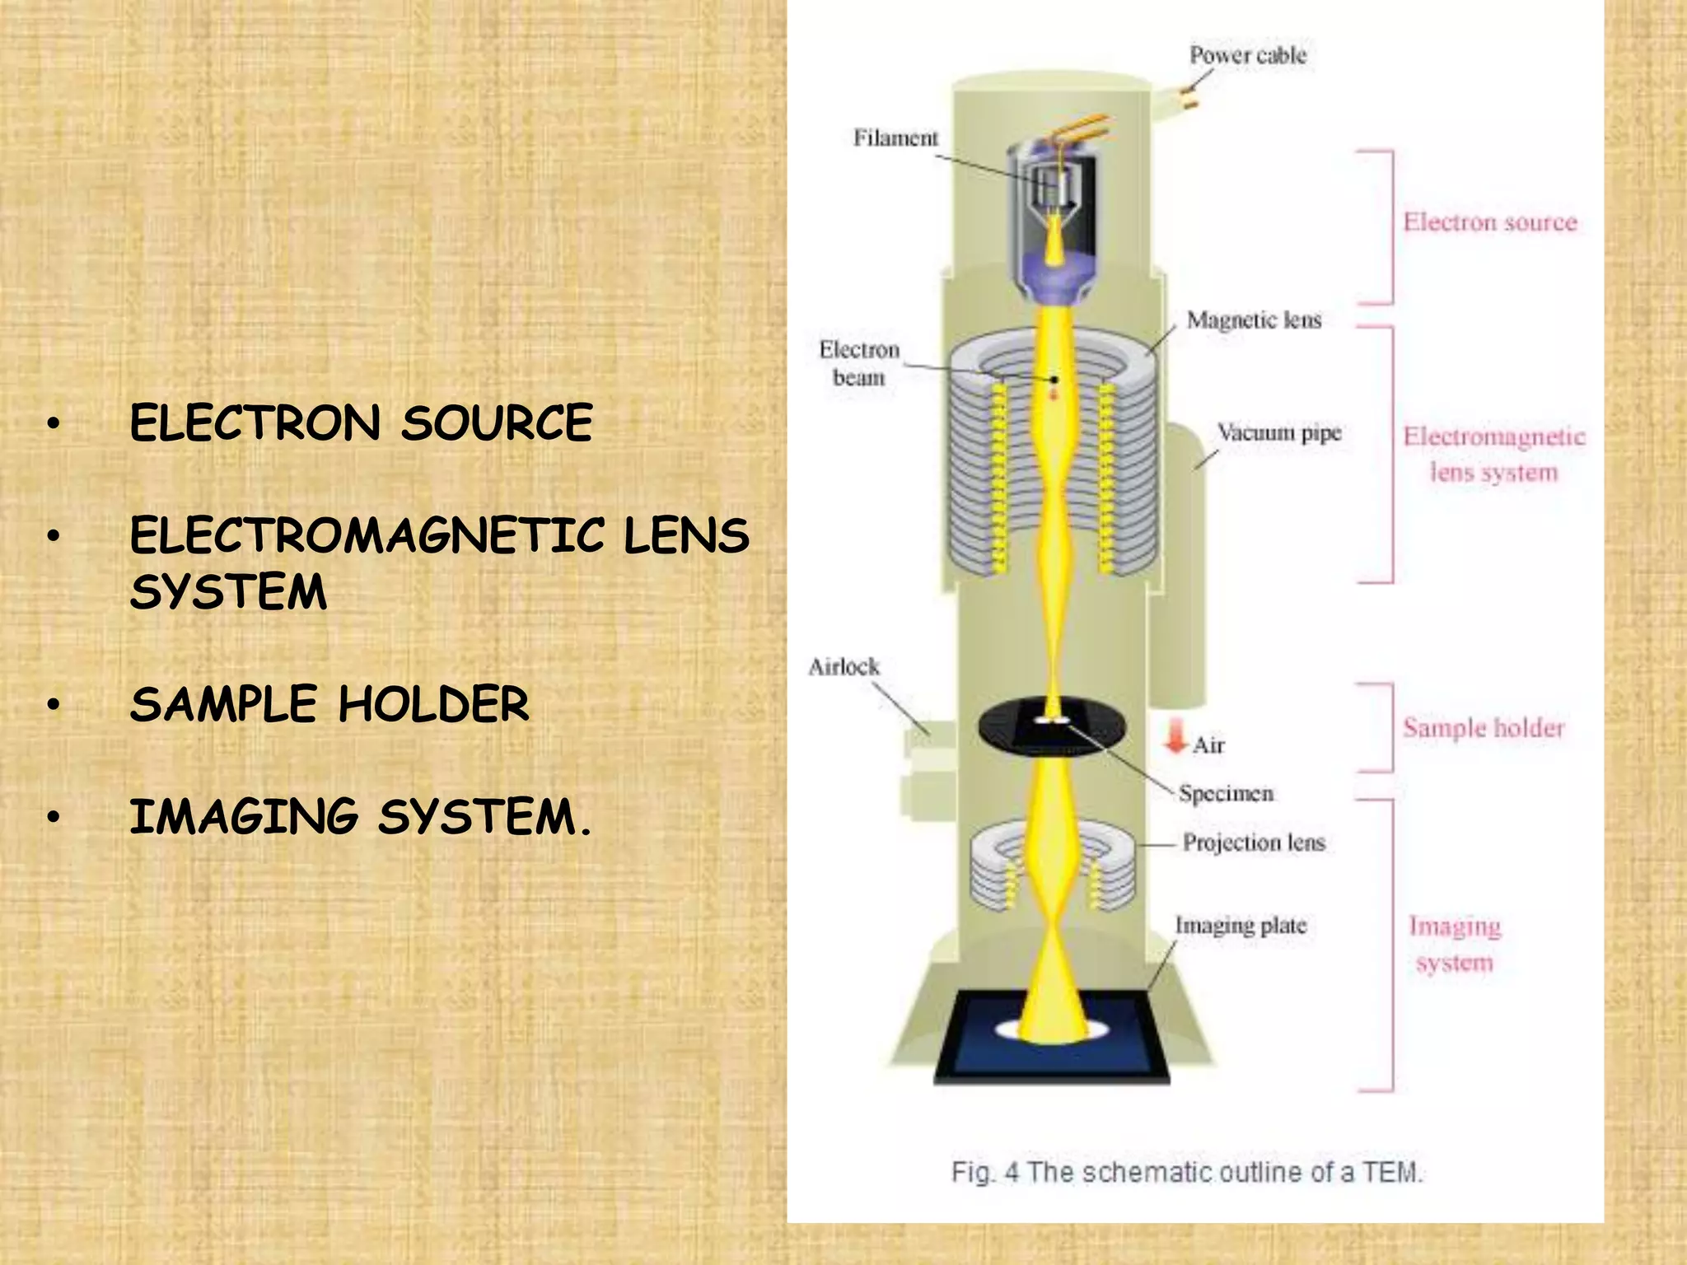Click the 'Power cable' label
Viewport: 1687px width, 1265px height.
point(1247,55)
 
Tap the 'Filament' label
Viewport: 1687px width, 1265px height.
point(895,138)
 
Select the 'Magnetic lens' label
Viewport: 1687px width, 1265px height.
point(1254,320)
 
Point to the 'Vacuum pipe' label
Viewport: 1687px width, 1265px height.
point(1279,432)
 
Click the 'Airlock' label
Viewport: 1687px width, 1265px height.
point(843,666)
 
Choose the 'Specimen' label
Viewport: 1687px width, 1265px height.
point(1226,793)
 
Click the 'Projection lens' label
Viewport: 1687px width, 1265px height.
point(1254,842)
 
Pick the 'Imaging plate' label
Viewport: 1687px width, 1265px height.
point(1241,926)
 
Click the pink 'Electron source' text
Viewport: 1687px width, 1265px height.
point(1489,222)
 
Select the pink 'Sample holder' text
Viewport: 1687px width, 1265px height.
point(1483,728)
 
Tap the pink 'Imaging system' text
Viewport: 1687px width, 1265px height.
point(1455,944)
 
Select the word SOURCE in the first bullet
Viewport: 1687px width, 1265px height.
point(497,423)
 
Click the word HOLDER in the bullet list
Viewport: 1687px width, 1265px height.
point(433,704)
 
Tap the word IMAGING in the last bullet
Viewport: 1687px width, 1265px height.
point(244,817)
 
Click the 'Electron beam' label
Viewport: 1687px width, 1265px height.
point(858,363)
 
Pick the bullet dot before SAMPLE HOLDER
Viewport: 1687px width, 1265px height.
point(54,705)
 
